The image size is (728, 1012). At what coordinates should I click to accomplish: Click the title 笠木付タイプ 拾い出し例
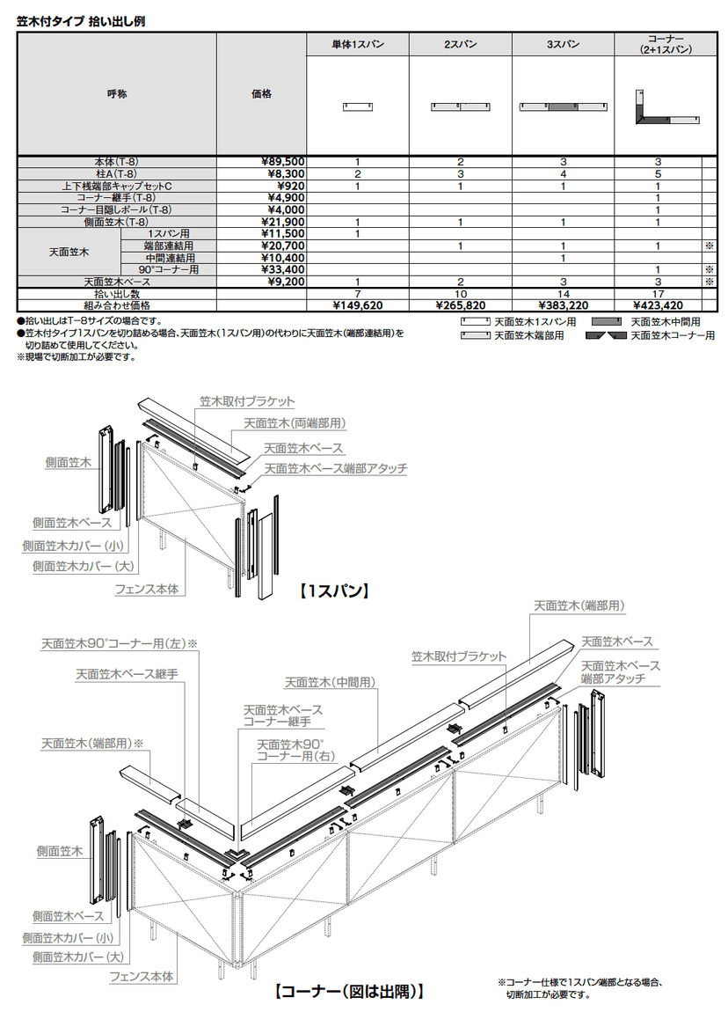tap(81, 21)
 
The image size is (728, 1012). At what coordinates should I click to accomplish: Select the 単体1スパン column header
tap(358, 44)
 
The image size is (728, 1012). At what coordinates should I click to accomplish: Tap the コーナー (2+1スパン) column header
tap(666, 44)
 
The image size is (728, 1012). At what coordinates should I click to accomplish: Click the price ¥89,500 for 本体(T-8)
tap(283, 162)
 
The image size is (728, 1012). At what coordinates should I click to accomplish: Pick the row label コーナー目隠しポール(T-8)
tap(116, 209)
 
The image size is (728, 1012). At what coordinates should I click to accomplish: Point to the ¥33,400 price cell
tap(283, 270)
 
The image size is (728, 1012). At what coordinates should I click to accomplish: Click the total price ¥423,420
tap(659, 305)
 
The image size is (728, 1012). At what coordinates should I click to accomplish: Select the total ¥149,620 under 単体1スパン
tap(358, 305)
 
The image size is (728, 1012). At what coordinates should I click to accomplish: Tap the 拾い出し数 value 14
tap(564, 294)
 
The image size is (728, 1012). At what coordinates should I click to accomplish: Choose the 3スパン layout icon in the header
tap(564, 106)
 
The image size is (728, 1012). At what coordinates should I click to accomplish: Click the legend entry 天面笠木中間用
tap(645, 321)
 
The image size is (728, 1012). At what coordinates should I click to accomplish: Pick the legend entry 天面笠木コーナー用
tap(651, 335)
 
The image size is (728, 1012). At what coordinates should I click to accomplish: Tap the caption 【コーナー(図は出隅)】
tap(350, 991)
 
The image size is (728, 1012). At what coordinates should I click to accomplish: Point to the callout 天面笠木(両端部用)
tap(295, 423)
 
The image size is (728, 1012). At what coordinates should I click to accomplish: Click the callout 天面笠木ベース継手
tap(127, 674)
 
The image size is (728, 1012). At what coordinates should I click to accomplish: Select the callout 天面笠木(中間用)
tap(330, 682)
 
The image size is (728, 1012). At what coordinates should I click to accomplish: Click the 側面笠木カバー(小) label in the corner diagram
tap(69, 938)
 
